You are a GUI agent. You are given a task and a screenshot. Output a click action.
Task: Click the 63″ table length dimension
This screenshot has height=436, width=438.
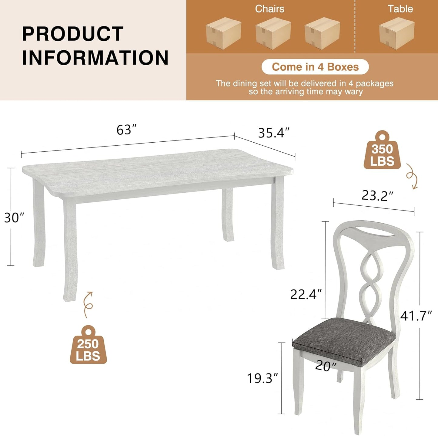[126, 130]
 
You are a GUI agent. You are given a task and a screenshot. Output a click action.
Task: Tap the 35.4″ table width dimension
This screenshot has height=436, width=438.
[273, 133]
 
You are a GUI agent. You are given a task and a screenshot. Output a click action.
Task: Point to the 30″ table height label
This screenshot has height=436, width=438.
[14, 218]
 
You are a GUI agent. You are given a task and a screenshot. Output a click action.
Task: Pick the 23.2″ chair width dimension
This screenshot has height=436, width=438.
[377, 196]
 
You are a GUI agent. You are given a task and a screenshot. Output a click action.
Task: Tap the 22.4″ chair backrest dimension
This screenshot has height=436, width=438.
[306, 294]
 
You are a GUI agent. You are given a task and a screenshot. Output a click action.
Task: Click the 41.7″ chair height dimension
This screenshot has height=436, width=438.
[416, 316]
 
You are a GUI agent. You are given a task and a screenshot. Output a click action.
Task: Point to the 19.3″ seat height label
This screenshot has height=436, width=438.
[262, 378]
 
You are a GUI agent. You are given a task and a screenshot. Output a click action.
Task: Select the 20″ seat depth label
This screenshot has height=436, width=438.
[326, 366]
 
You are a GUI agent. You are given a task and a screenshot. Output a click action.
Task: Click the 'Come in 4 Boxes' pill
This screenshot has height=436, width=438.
[315, 67]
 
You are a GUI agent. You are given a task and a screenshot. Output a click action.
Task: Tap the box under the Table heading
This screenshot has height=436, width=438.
[396, 33]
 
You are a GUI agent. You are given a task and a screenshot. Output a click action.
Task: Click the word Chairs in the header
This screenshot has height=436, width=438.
[269, 9]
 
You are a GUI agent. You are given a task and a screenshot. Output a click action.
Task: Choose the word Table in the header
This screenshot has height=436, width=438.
[400, 9]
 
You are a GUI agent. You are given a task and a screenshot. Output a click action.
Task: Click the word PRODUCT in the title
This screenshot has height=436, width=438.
[73, 34]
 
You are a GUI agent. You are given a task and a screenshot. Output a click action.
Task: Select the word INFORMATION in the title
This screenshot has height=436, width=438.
[95, 58]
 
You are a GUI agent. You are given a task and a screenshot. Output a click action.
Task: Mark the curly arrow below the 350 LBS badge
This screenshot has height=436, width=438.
[412, 176]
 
